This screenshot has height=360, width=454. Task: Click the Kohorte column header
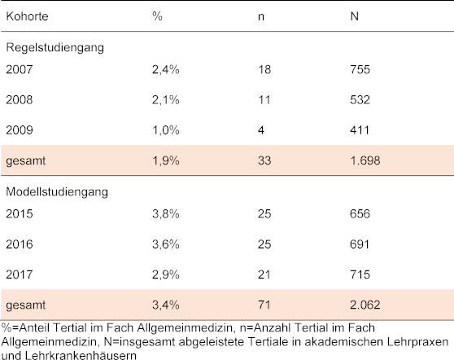click(27, 16)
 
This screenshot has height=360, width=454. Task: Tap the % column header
click(157, 16)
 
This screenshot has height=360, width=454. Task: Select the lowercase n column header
click(261, 17)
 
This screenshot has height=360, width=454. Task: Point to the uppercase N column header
click(355, 16)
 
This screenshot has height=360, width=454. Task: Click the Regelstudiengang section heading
click(55, 47)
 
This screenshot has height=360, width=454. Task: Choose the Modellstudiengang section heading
click(57, 192)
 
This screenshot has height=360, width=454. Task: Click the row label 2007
click(19, 69)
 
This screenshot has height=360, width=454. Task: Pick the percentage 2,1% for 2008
click(166, 100)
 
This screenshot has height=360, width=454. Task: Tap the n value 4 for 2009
click(261, 130)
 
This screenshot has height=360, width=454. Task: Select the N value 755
click(360, 69)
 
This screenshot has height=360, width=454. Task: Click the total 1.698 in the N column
click(365, 160)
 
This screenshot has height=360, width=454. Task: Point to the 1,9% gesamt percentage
click(166, 160)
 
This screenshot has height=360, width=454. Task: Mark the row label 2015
click(19, 214)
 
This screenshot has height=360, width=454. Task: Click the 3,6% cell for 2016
click(166, 244)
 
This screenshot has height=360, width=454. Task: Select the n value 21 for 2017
click(264, 274)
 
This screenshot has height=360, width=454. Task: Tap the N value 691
click(360, 244)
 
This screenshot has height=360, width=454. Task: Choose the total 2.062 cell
click(365, 305)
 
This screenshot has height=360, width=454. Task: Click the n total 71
click(264, 305)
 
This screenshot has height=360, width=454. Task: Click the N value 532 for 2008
click(360, 100)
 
